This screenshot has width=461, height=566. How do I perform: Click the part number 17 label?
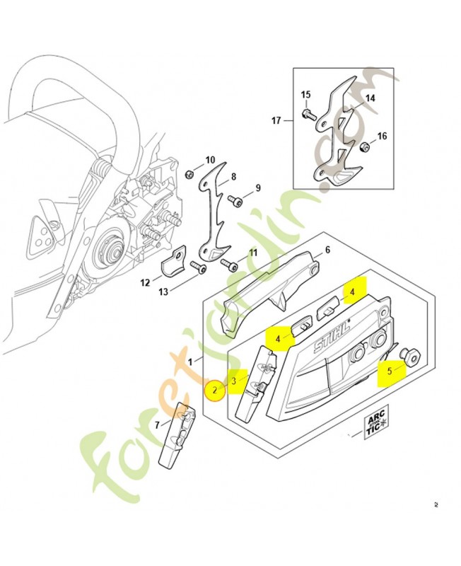coord(276,121)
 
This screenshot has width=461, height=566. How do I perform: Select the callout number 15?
coord(305,95)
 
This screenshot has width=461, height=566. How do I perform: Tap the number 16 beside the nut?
coord(382,137)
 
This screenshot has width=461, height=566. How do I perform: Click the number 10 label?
coord(210,160)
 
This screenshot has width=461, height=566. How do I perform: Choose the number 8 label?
coord(233,176)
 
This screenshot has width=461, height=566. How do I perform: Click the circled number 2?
coord(215,389)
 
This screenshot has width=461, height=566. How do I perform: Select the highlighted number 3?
coord(234,380)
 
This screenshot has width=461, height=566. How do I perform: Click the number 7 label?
coord(158,425)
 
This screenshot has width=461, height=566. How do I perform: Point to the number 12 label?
coord(145,282)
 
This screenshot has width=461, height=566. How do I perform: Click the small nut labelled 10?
coord(189,174)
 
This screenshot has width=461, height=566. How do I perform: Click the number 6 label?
coord(327,250)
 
